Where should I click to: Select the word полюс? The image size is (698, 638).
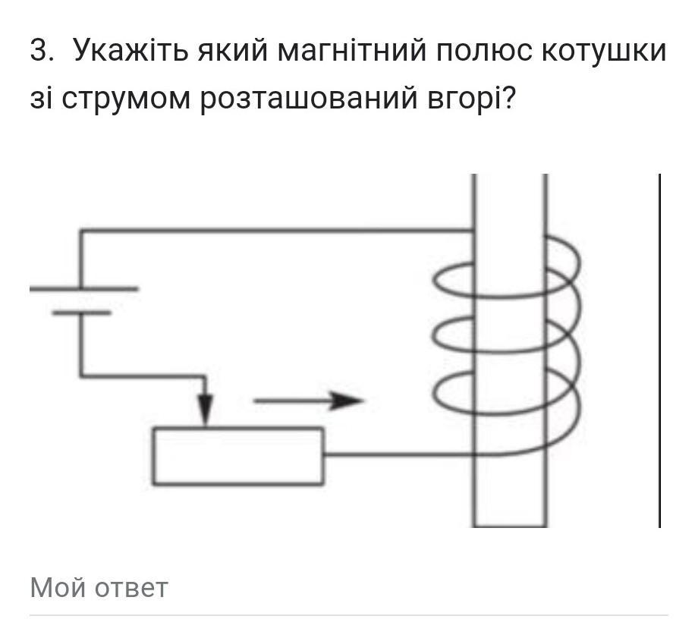[x=484, y=51]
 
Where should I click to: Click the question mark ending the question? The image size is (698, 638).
[x=507, y=97]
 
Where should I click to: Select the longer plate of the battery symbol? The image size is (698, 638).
[x=83, y=289]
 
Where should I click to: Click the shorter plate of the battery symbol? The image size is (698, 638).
[x=81, y=313]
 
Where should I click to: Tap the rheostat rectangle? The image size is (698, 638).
[x=238, y=456]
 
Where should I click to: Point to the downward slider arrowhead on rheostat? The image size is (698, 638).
[x=205, y=410]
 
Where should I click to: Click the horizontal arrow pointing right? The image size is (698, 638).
[x=309, y=401]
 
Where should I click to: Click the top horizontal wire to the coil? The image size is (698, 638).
[x=277, y=231]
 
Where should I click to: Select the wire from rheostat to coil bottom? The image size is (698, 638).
[x=399, y=455]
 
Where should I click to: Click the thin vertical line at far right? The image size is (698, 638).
[x=660, y=350]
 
